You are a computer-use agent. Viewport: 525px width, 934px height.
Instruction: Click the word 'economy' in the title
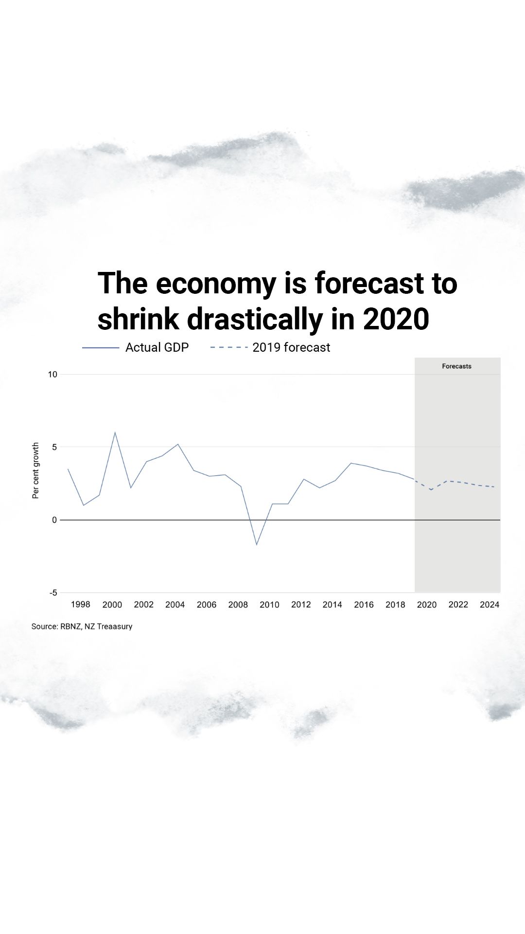(x=216, y=284)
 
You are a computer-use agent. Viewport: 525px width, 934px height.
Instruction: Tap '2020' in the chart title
(x=396, y=319)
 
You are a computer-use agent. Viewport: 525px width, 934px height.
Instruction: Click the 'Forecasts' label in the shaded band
(x=456, y=366)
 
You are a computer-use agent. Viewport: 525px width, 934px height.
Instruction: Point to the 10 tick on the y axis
(x=52, y=374)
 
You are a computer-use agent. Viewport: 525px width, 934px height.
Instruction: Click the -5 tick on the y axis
(x=53, y=593)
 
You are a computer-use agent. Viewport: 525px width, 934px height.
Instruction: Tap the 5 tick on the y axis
(x=54, y=447)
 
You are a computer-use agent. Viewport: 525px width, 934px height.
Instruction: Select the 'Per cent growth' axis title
(x=35, y=470)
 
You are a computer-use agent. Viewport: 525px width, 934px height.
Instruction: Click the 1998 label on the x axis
(x=80, y=604)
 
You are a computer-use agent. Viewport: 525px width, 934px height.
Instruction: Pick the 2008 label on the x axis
(x=238, y=605)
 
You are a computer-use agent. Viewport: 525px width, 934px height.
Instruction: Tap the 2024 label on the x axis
(x=490, y=605)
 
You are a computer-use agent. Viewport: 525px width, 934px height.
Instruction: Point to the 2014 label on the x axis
(x=332, y=605)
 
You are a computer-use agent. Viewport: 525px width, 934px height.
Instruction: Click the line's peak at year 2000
(x=115, y=432)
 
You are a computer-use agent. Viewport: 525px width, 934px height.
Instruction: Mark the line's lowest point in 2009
(x=257, y=544)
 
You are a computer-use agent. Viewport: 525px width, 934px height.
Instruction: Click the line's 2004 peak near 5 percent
(x=178, y=444)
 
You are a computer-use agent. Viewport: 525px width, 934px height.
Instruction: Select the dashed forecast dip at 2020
(x=431, y=489)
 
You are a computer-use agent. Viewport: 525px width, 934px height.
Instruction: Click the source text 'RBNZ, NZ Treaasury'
(x=96, y=627)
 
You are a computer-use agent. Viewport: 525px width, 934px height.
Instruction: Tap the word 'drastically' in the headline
(x=255, y=319)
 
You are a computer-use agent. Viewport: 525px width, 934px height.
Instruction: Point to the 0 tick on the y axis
(x=54, y=520)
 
